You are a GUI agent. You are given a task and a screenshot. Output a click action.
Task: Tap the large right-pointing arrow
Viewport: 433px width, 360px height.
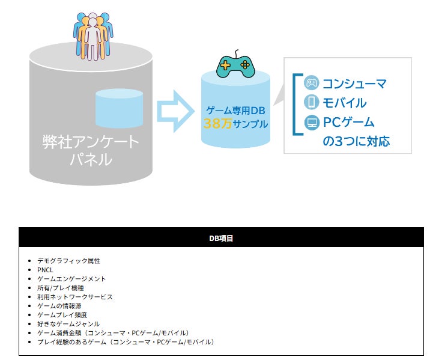[175, 111]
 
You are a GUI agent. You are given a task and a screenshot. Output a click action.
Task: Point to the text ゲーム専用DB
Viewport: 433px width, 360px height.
[235, 111]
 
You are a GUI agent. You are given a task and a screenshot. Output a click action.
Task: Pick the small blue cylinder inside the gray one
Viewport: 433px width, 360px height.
[119, 108]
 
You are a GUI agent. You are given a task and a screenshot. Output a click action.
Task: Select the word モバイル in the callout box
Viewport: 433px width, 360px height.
[344, 102]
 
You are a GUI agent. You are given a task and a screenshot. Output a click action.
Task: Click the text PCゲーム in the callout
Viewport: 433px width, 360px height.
[348, 123]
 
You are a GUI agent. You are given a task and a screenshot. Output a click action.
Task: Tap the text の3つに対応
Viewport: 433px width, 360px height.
[356, 142]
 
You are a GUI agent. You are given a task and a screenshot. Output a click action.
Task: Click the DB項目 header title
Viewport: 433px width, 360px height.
[221, 238]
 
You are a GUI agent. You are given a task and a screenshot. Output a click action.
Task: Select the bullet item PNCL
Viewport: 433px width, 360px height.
[45, 270]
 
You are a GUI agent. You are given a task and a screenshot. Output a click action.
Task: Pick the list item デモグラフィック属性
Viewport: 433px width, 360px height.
[68, 261]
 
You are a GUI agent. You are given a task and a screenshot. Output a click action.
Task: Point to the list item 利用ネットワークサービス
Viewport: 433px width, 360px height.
[74, 297]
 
